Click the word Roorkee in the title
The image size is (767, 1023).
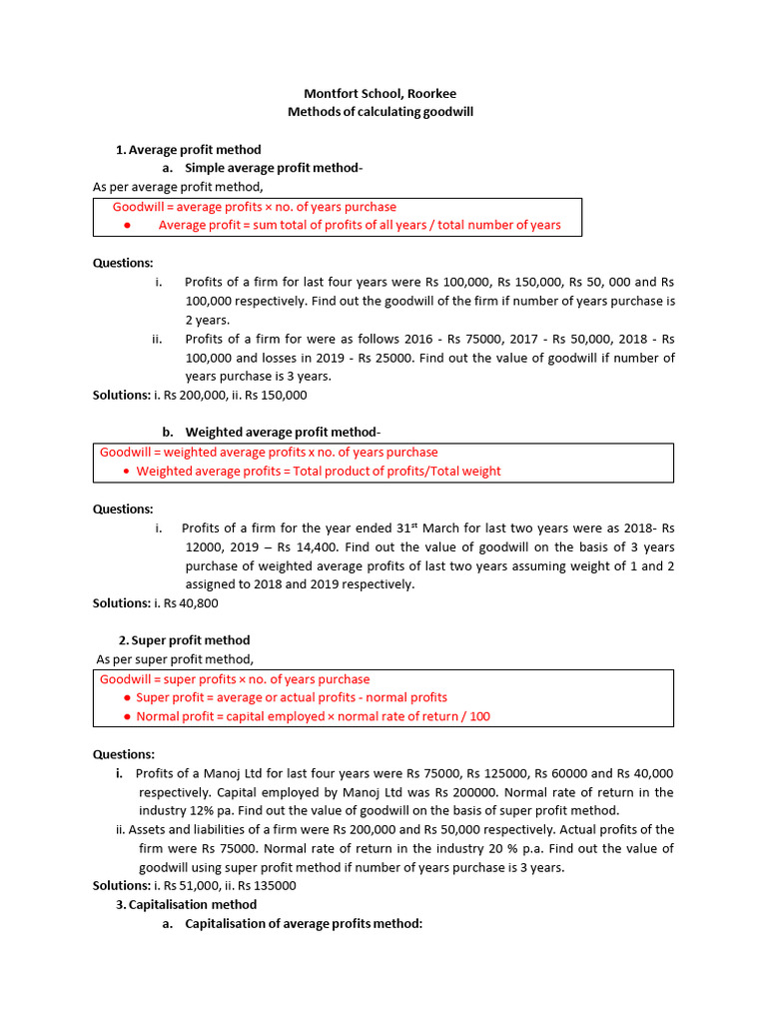[x=430, y=94]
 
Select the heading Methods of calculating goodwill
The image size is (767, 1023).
[x=381, y=112]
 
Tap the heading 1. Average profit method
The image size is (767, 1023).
[x=189, y=150]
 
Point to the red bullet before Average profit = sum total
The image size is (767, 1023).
[x=127, y=225]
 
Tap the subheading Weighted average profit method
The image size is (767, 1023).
[x=283, y=432]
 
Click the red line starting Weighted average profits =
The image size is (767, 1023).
[x=318, y=471]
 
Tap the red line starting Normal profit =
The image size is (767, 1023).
[x=313, y=716]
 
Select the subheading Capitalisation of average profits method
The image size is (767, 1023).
[x=304, y=924]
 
